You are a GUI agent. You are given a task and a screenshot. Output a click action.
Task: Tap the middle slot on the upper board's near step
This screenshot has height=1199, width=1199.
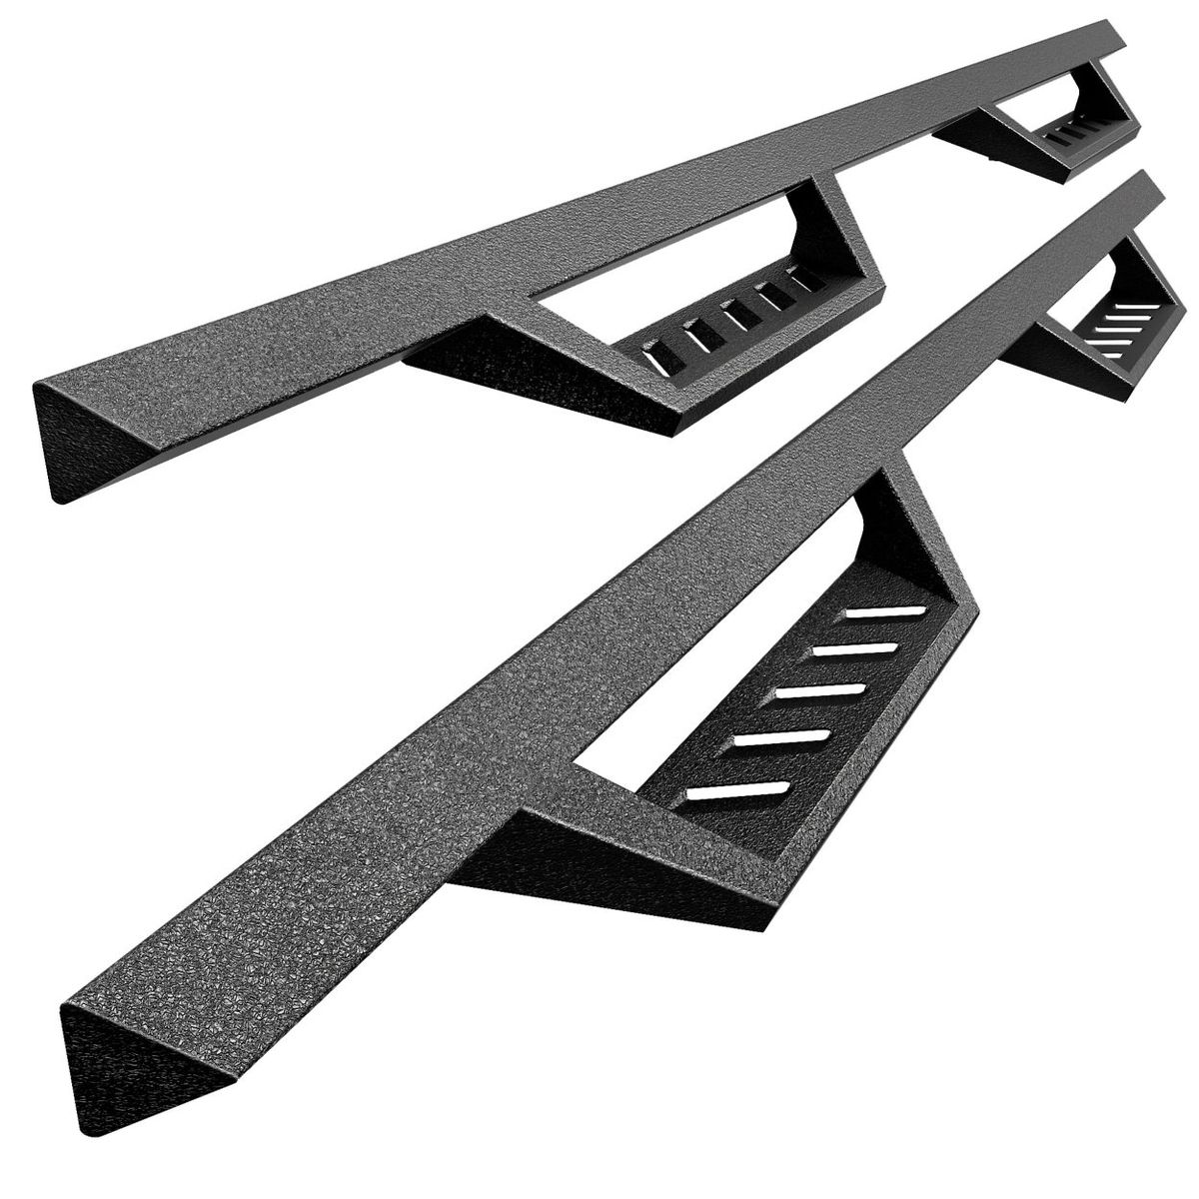click(x=740, y=314)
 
